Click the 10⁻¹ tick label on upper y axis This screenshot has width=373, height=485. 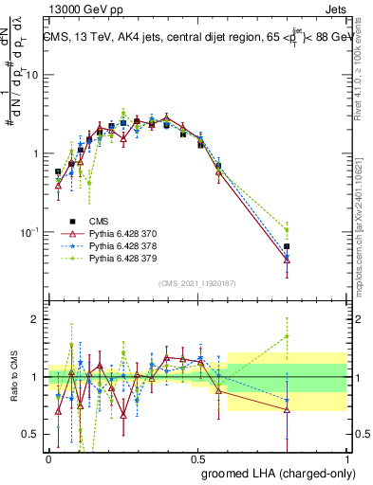click(28, 230)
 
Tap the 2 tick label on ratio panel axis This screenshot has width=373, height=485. click(34, 319)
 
